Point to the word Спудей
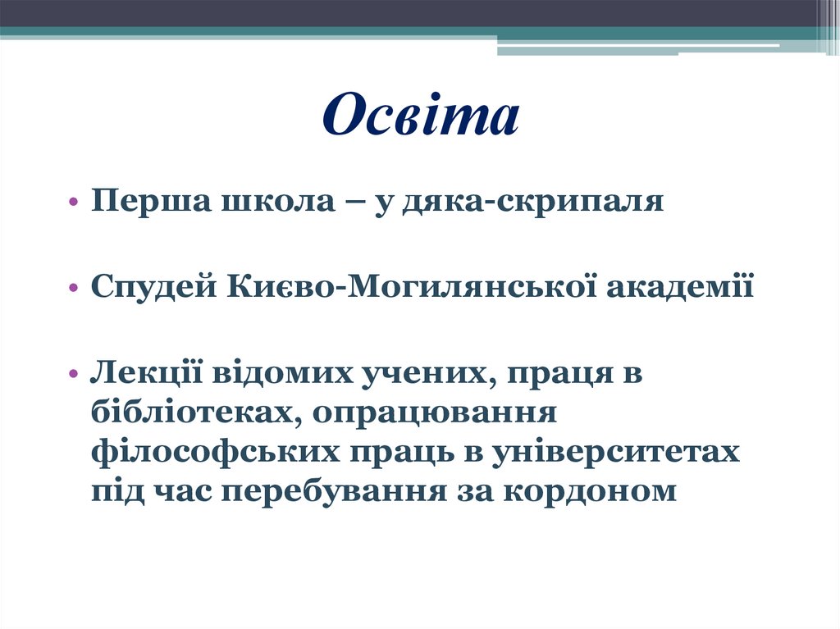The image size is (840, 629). [153, 287]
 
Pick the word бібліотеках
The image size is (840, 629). [189, 412]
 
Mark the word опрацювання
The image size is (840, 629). [435, 412]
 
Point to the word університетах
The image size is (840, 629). [607, 452]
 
